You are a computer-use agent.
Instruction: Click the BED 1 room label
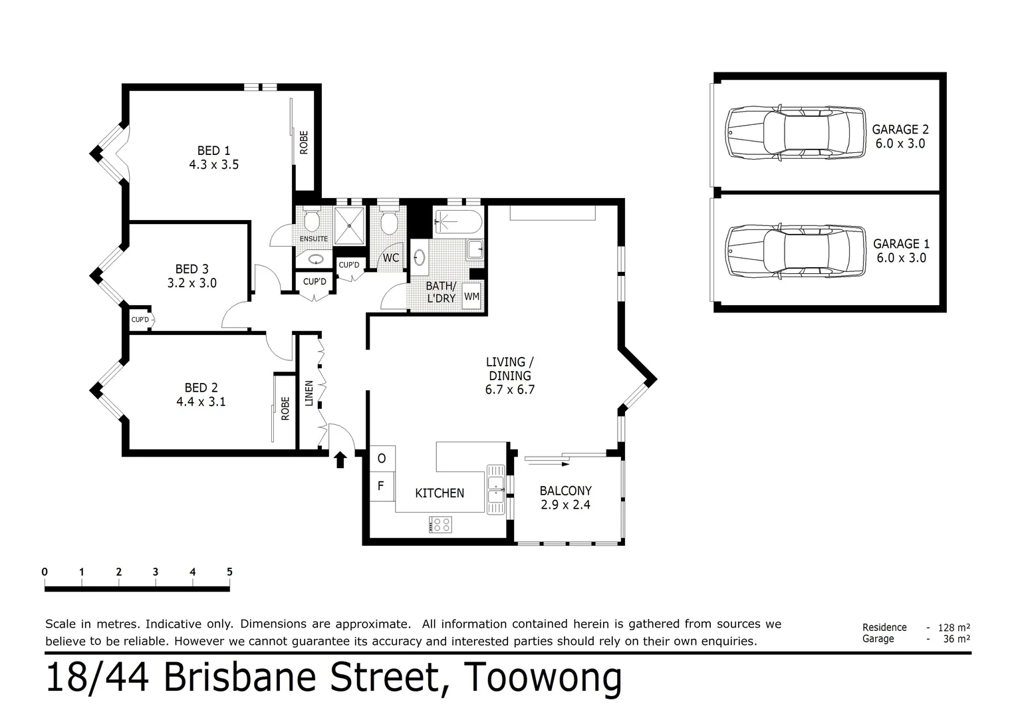213,158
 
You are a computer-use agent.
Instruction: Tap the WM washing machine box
471,297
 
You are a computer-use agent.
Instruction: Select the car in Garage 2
795,132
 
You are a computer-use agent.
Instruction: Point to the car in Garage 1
795,251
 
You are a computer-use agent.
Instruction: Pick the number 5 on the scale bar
229,572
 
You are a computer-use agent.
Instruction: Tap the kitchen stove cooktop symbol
440,525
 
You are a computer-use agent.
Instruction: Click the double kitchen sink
496,489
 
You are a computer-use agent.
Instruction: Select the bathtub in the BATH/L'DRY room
457,222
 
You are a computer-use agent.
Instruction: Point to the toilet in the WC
389,221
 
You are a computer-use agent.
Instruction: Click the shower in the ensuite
349,225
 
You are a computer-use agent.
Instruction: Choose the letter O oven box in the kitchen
382,459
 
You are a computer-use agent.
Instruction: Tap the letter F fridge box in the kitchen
382,486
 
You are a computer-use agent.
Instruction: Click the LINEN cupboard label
309,393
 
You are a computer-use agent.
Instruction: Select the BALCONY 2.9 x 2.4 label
566,497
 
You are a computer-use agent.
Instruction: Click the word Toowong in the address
543,677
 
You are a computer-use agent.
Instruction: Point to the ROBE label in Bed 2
285,409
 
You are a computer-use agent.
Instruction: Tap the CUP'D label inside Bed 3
140,320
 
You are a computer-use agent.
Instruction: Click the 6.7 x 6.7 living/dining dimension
510,390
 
